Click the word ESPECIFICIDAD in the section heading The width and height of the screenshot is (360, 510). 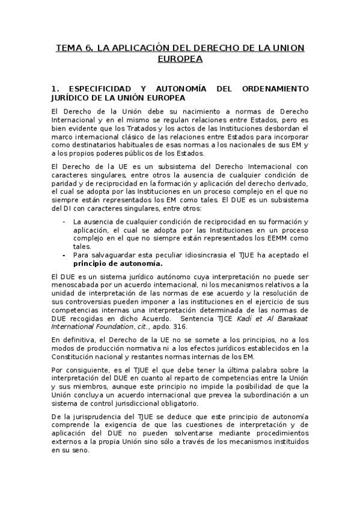click(x=99, y=88)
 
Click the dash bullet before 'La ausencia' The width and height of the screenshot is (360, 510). click(x=65, y=222)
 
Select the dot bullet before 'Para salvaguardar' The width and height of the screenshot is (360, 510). click(x=65, y=255)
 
